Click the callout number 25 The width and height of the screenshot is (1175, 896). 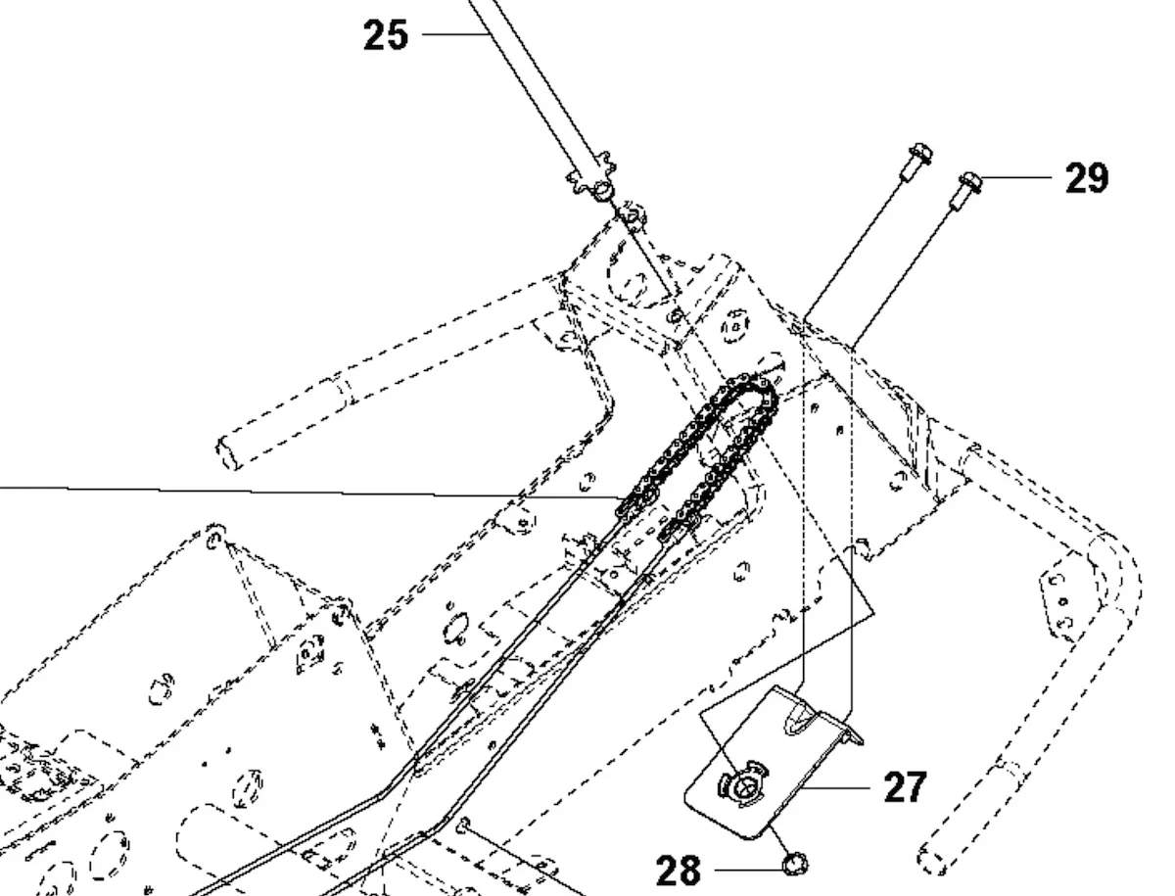click(x=385, y=35)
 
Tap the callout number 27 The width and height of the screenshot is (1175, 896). click(x=904, y=786)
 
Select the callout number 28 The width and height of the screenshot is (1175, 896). click(x=678, y=869)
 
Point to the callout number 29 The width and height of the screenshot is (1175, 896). click(x=1086, y=178)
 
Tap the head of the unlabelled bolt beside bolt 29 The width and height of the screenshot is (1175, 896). click(x=919, y=154)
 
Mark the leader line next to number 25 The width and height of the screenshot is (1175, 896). click(x=455, y=35)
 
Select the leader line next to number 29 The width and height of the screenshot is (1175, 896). click(x=1018, y=177)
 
